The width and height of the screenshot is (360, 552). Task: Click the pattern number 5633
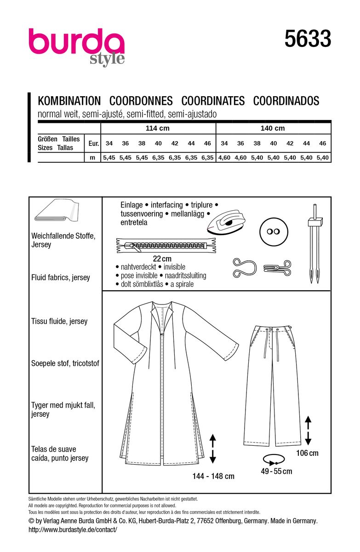308,39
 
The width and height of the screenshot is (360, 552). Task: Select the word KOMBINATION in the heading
69,101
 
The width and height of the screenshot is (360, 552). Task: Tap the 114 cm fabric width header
158,128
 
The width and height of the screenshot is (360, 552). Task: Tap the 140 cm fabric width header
273,128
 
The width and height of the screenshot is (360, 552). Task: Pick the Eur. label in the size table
94,144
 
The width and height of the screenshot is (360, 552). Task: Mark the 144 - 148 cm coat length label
213,476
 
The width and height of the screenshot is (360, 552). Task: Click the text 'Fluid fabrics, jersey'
63,278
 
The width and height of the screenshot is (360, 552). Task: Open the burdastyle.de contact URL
73,529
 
